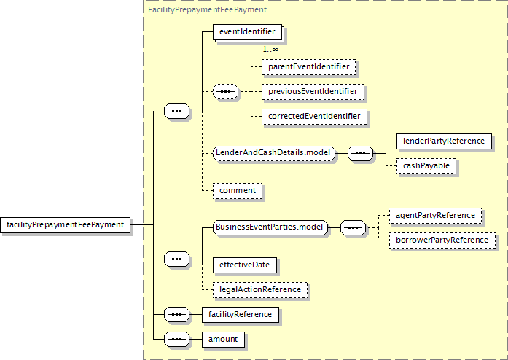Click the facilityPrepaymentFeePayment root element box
pyautogui.click(x=65, y=225)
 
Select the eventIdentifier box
pyautogui.click(x=248, y=33)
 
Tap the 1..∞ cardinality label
pyautogui.click(x=270, y=50)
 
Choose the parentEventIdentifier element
pyautogui.click(x=308, y=67)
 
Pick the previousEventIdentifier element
pyautogui.click(x=313, y=92)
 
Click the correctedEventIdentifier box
pyautogui.click(x=314, y=117)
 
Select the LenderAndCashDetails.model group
pyautogui.click(x=274, y=153)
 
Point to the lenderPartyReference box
pyautogui.click(x=444, y=141)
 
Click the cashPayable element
pyautogui.click(x=426, y=166)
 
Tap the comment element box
pyautogui.click(x=238, y=191)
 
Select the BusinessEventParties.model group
pyautogui.click(x=270, y=227)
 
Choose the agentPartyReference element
pyautogui.click(x=435, y=216)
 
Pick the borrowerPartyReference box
pyautogui.click(x=442, y=240)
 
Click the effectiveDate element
pyautogui.click(x=245, y=265)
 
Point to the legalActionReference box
pyautogui.click(x=260, y=290)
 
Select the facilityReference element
pyautogui.click(x=240, y=315)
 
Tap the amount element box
pyautogui.click(x=223, y=340)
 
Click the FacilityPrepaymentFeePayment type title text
pyautogui.click(x=207, y=9)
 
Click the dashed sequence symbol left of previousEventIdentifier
pyautogui.click(x=225, y=92)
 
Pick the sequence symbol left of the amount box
pyautogui.click(x=176, y=340)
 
